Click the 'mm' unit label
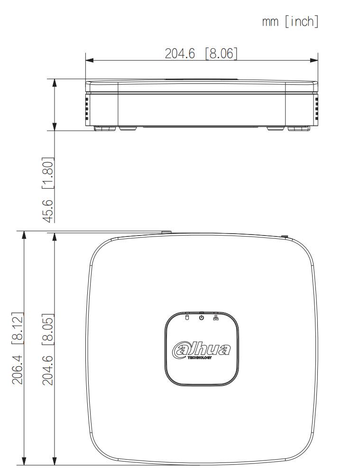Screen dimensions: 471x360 270,22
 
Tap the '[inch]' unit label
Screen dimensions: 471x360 302,22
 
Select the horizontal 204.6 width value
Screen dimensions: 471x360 180,54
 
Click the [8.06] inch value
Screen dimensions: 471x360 221,54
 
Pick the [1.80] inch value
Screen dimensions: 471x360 48,173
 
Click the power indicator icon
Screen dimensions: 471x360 202,317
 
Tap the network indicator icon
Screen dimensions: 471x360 216,317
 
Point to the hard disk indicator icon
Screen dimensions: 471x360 186,317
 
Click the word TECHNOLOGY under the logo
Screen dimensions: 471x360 200,358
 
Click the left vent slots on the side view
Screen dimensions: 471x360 87,109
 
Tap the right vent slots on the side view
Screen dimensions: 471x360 316,109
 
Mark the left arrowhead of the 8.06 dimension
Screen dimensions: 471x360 89,60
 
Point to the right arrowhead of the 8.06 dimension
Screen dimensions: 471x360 314,60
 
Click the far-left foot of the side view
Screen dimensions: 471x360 105,128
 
